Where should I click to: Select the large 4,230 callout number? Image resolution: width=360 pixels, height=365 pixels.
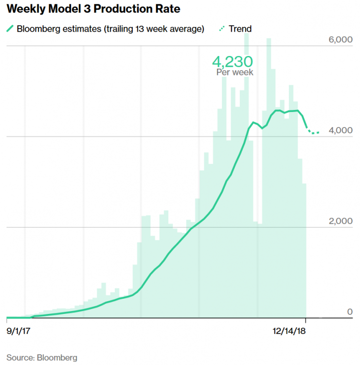233,62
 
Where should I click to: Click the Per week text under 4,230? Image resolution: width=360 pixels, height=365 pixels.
234,72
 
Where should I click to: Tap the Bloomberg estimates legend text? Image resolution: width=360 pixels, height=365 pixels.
110,29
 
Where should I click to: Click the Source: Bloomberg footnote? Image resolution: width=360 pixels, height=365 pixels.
42,358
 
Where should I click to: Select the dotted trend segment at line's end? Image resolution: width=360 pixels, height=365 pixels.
313,132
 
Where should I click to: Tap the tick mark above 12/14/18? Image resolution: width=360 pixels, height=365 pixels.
306,320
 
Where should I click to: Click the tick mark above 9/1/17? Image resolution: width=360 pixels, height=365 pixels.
7,320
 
